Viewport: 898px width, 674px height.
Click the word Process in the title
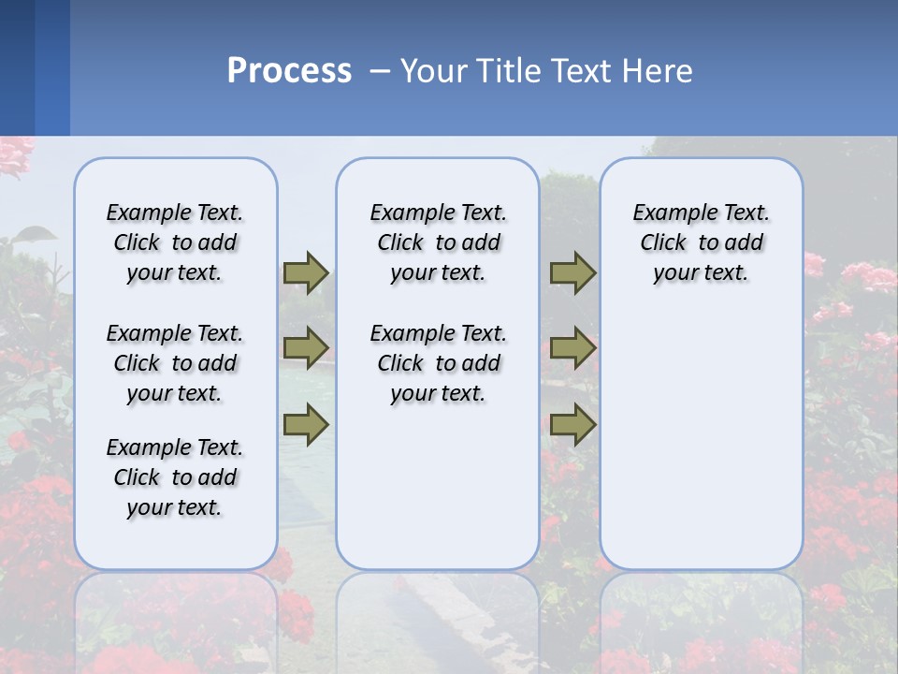289,70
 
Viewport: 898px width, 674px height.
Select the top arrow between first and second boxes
306,272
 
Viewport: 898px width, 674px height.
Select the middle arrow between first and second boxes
306,348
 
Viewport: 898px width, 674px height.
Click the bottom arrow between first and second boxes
306,424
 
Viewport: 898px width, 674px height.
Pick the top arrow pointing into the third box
572,272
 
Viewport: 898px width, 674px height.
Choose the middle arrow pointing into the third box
572,348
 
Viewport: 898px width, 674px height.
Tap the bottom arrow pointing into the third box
572,424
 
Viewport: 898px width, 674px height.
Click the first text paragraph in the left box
175,242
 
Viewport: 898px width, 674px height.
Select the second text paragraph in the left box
175,363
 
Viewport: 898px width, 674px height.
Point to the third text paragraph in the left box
175,477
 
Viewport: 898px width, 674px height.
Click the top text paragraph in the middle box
438,242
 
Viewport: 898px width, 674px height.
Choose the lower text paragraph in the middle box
438,363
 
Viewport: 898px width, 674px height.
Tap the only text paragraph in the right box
701,242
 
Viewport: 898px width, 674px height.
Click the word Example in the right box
668,213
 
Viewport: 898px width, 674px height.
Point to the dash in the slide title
380,71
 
